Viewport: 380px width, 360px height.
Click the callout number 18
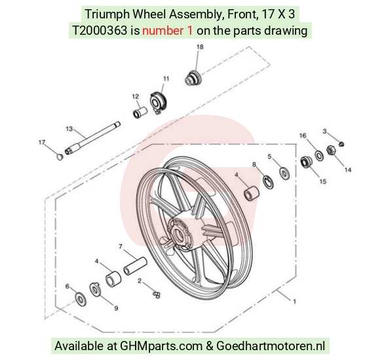pos(200,47)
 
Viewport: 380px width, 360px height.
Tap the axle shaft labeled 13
pos(92,138)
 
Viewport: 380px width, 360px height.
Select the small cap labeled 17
pos(60,157)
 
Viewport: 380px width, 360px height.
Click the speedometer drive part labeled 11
pos(158,102)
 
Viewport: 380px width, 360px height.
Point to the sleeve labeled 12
pos(140,113)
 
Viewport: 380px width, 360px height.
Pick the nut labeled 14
pos(331,150)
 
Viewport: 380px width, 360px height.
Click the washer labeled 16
pos(319,156)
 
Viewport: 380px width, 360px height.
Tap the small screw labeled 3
pos(341,144)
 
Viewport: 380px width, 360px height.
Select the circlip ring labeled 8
pos(268,182)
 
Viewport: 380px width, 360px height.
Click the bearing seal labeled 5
pos(284,173)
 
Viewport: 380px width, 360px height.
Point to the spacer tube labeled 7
pos(135,266)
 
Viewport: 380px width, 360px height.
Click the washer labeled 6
pos(81,298)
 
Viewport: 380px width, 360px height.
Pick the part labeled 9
pos(95,289)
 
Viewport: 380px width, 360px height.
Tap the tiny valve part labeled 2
pos(157,294)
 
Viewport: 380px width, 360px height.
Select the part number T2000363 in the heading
pos(100,30)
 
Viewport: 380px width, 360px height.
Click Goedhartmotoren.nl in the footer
pos(271,346)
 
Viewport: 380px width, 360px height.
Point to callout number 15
pos(323,181)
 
